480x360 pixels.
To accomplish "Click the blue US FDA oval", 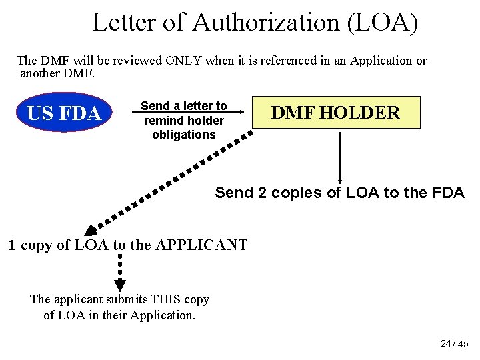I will pos(63,113).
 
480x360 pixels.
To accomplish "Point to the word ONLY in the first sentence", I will pos(184,61).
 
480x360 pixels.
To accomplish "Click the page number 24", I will pos(445,343).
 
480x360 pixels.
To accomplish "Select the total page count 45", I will pos(463,344).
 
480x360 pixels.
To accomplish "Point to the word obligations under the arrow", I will pos(184,135).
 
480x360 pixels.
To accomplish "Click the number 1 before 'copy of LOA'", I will pos(13,245).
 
